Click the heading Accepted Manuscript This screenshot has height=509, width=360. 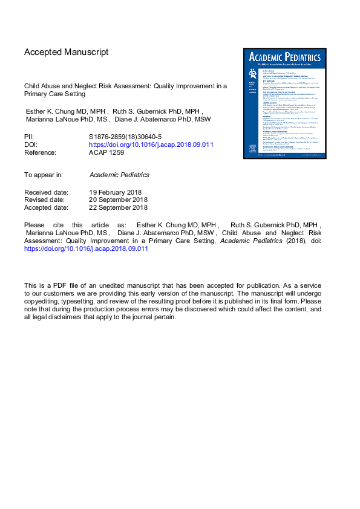[x=66, y=53]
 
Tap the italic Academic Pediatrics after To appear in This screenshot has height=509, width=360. [x=119, y=175]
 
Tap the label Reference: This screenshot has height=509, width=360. [x=40, y=153]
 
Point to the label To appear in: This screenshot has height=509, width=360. [x=44, y=175]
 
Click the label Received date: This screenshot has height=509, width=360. [x=47, y=192]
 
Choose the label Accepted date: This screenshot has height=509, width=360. [x=47, y=208]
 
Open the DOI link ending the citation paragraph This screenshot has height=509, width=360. [x=86, y=248]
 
